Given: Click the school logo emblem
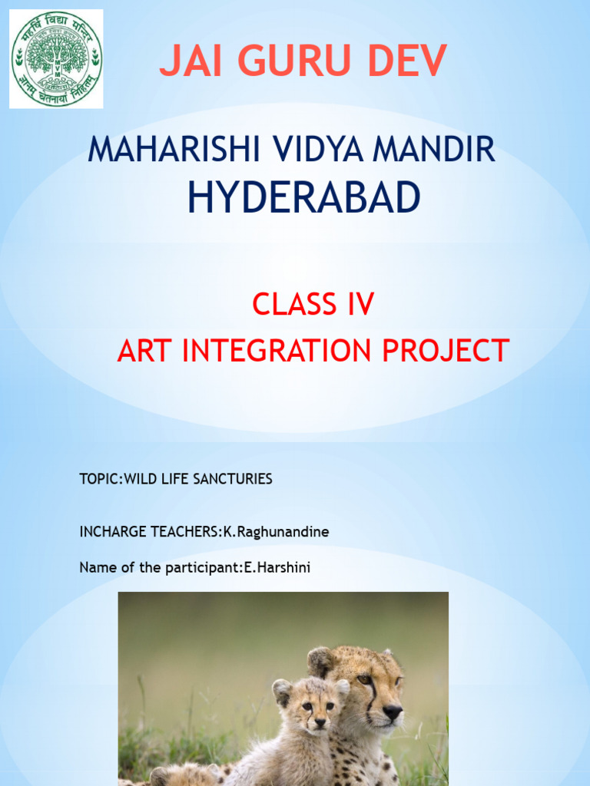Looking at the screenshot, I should point(56,59).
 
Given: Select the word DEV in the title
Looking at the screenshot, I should point(407,61).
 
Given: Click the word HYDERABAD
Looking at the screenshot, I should point(303,198).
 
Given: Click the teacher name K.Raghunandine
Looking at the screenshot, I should point(276,532).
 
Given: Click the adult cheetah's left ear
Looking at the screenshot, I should point(320,660).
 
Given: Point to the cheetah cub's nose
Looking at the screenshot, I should point(320,722).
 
